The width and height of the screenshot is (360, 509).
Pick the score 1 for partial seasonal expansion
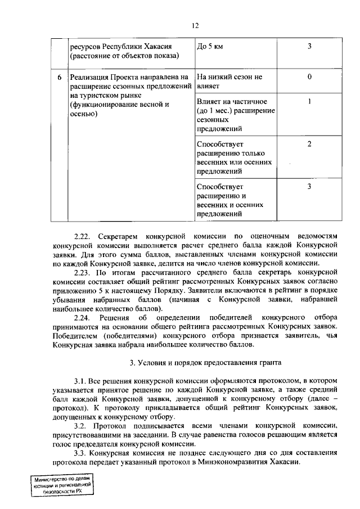pos(309,102)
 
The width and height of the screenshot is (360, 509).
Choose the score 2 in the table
pos(309,144)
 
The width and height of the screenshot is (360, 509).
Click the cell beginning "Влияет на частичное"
pos(235,115)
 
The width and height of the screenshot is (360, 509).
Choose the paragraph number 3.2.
pos(81,426)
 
